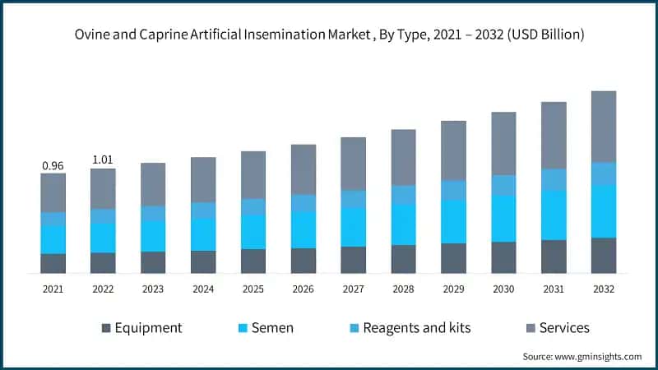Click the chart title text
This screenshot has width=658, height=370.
tap(329, 35)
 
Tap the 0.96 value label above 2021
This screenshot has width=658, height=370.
tap(53, 166)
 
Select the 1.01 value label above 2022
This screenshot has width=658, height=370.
tap(103, 160)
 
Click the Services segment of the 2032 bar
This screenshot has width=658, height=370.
tap(603, 127)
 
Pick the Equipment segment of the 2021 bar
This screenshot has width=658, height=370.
tap(53, 263)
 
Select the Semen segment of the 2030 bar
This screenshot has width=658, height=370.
tap(503, 219)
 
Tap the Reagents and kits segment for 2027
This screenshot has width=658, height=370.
tap(353, 199)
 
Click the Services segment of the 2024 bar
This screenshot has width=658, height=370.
tap(203, 179)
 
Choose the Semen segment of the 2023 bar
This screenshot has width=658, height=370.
tap(153, 235)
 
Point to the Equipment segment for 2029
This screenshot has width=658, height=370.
tap(453, 257)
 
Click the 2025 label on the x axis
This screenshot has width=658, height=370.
tap(253, 289)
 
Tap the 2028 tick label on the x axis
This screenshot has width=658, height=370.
tap(403, 289)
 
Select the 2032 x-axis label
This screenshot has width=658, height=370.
tap(603, 289)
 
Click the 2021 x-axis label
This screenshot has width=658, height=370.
tap(53, 289)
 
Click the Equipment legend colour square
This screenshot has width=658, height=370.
tap(105, 328)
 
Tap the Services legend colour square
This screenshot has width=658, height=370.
tap(531, 328)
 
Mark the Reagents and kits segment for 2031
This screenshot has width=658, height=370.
tap(553, 179)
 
